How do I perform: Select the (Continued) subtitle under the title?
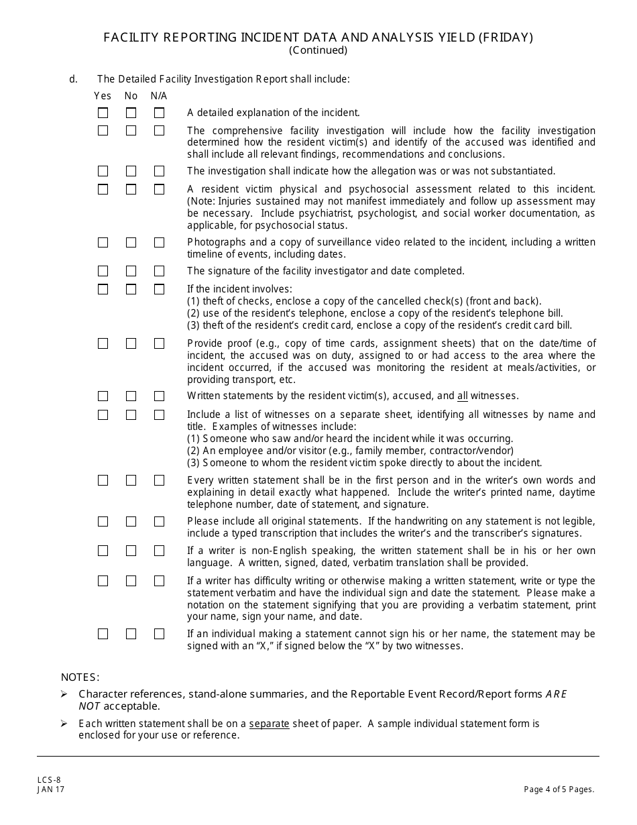[318, 50]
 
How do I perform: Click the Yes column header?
[103, 96]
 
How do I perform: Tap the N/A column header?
[159, 96]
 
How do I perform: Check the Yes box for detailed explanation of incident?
[103, 113]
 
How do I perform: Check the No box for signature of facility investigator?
[131, 271]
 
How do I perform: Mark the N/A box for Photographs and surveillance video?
[159, 242]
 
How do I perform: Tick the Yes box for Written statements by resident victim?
[103, 396]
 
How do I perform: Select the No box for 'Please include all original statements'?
[131, 521]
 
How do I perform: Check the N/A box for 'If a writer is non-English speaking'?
[159, 551]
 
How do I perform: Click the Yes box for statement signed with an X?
[103, 634]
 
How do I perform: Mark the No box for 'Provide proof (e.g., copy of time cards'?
[131, 343]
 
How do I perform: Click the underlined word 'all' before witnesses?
[463, 396]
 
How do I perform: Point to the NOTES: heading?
[80, 677]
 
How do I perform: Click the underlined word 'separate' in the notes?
[269, 724]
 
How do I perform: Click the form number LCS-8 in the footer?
[49, 779]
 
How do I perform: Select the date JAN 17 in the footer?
[51, 789]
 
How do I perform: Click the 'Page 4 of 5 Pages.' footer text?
[559, 789]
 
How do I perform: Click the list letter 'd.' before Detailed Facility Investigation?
[73, 79]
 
